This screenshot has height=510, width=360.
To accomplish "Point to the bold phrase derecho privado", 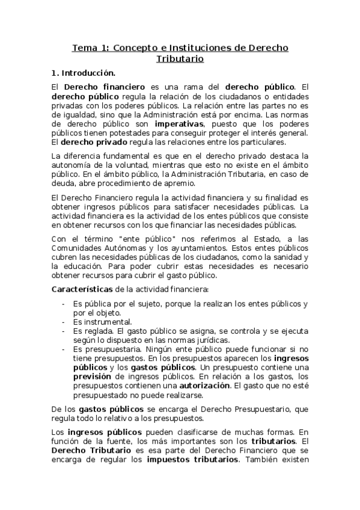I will [x=93, y=142].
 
